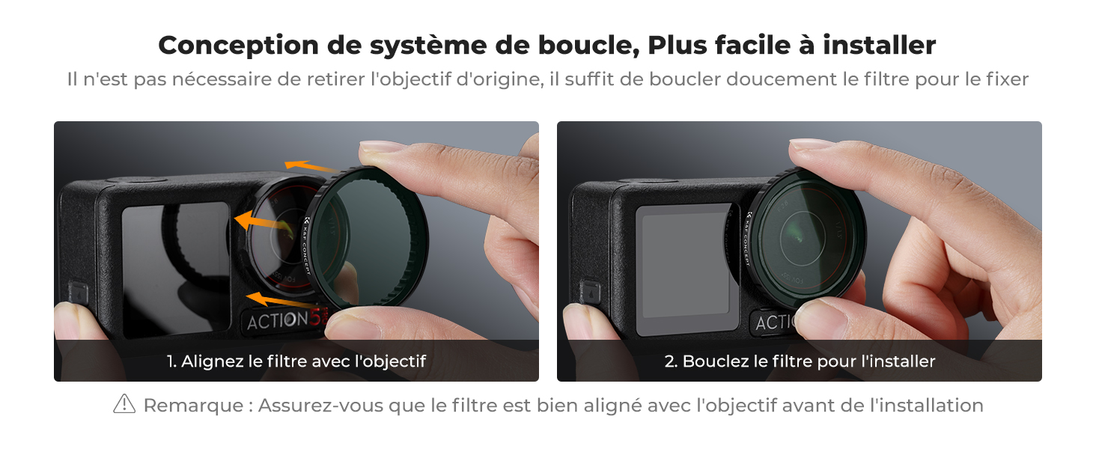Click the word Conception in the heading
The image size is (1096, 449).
click(238, 46)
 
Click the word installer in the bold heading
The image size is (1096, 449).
click(879, 45)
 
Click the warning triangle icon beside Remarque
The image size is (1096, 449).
click(124, 404)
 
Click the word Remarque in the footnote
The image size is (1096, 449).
click(194, 406)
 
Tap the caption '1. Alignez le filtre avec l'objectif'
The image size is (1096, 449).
click(296, 361)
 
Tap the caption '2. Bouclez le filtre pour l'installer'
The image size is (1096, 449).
click(800, 361)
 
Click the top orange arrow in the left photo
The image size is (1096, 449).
click(311, 167)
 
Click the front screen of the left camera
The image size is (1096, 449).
click(176, 269)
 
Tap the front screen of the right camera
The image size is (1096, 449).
click(687, 269)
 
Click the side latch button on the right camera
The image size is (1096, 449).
click(589, 293)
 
